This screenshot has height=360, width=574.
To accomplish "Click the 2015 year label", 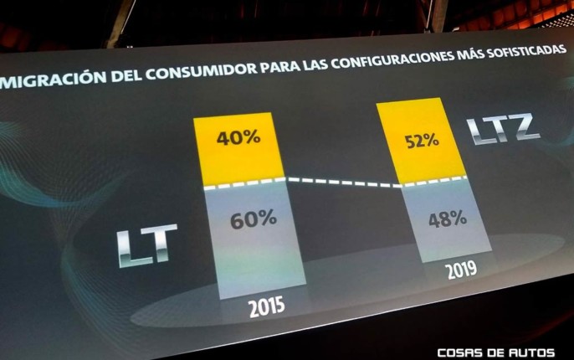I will pos(267,307).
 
